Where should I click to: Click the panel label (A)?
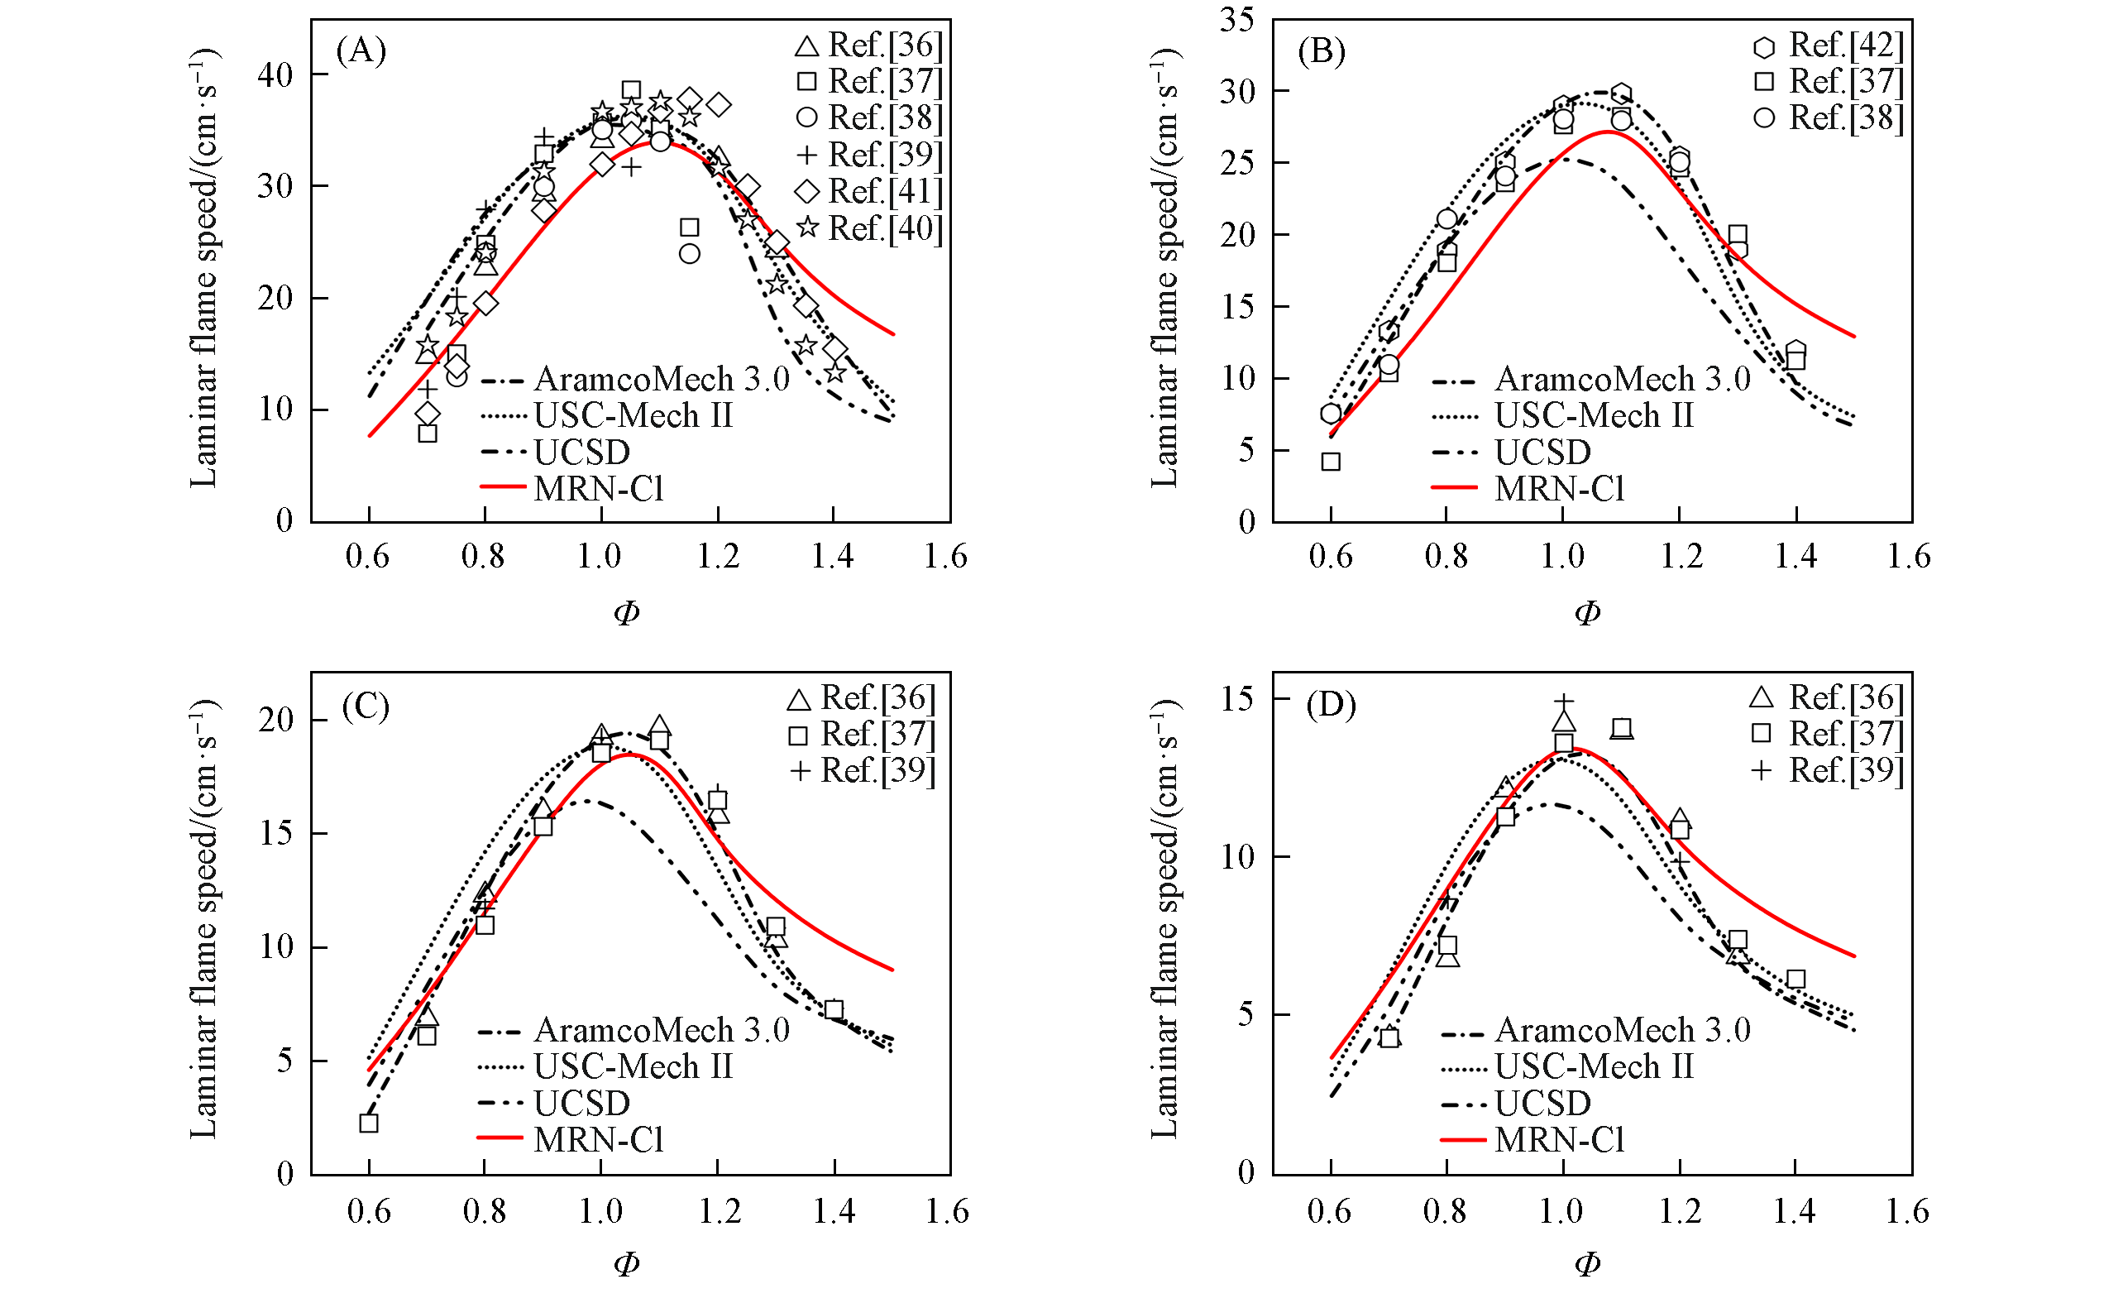coord(361,50)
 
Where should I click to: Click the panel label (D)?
coord(1331,705)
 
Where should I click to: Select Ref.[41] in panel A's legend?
coord(885,191)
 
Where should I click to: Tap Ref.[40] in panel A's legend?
coord(885,228)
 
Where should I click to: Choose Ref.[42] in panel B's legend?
coord(1846,45)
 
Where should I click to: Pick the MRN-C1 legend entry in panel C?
coord(599,1139)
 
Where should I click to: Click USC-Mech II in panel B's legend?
coord(1593,415)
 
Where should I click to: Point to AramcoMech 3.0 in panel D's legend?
coord(1622,1030)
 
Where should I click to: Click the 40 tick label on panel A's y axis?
coord(275,75)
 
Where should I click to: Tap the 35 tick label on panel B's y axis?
coord(1237,20)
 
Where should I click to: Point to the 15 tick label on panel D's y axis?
coord(1237,698)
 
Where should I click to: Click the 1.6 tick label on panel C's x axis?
coord(947,1212)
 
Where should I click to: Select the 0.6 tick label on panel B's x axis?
coord(1331,557)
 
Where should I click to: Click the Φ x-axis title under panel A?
coord(626,613)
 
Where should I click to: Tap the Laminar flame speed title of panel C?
coord(204,919)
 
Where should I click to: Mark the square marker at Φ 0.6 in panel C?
coord(369,1123)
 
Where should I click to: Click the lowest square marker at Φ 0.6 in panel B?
coord(1332,462)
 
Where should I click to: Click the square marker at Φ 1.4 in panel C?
coord(833,1010)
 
